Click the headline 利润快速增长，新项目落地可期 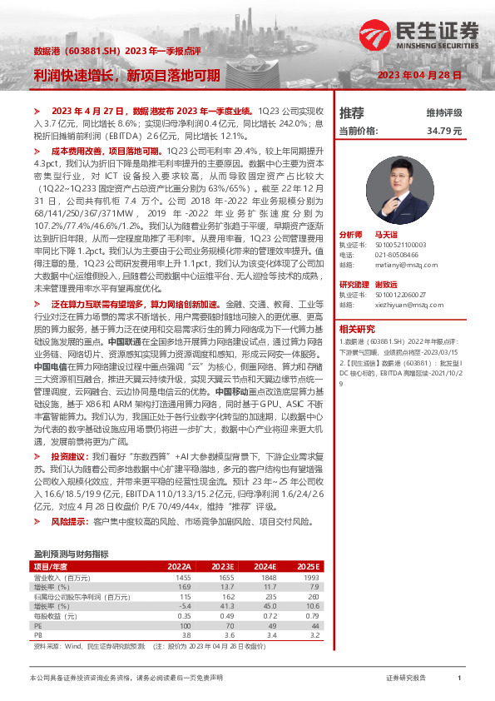click(126, 75)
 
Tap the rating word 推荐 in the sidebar click(352, 112)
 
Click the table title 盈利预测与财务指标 click(71, 553)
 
